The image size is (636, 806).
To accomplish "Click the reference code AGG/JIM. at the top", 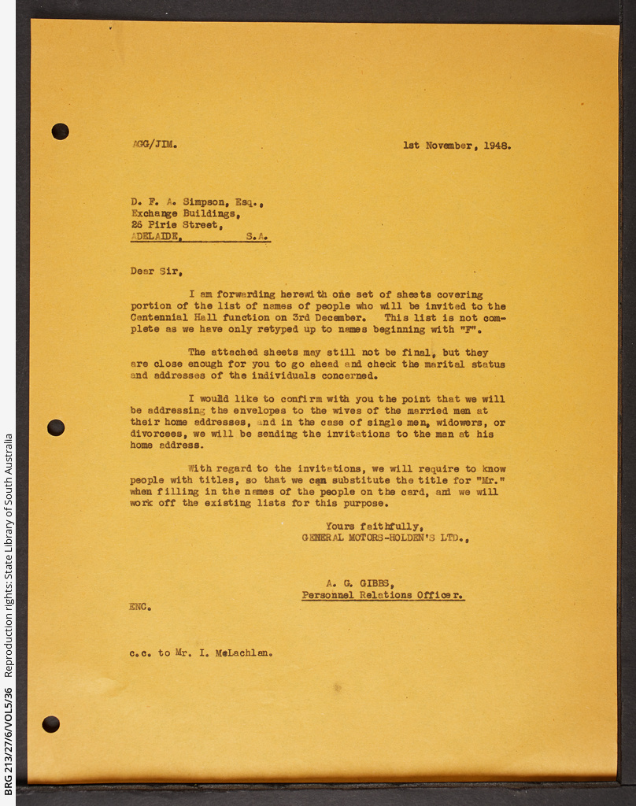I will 154,145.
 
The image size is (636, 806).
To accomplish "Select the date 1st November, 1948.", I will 457,146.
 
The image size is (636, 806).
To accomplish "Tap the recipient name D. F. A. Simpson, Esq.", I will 197,203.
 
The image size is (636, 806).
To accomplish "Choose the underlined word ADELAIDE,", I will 158,236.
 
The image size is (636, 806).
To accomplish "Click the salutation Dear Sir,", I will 157,272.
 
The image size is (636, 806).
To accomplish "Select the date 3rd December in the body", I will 328,318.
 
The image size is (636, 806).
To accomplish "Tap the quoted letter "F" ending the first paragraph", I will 478,330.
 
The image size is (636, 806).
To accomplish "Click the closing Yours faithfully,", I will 375,527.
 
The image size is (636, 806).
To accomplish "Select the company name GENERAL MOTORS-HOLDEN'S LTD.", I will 385,538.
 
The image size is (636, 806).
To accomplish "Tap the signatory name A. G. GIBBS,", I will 360,584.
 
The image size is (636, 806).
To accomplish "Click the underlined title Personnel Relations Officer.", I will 383,596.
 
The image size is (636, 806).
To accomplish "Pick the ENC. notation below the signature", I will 140,607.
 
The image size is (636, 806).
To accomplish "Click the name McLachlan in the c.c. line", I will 243,653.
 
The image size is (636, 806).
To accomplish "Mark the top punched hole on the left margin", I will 60,131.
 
